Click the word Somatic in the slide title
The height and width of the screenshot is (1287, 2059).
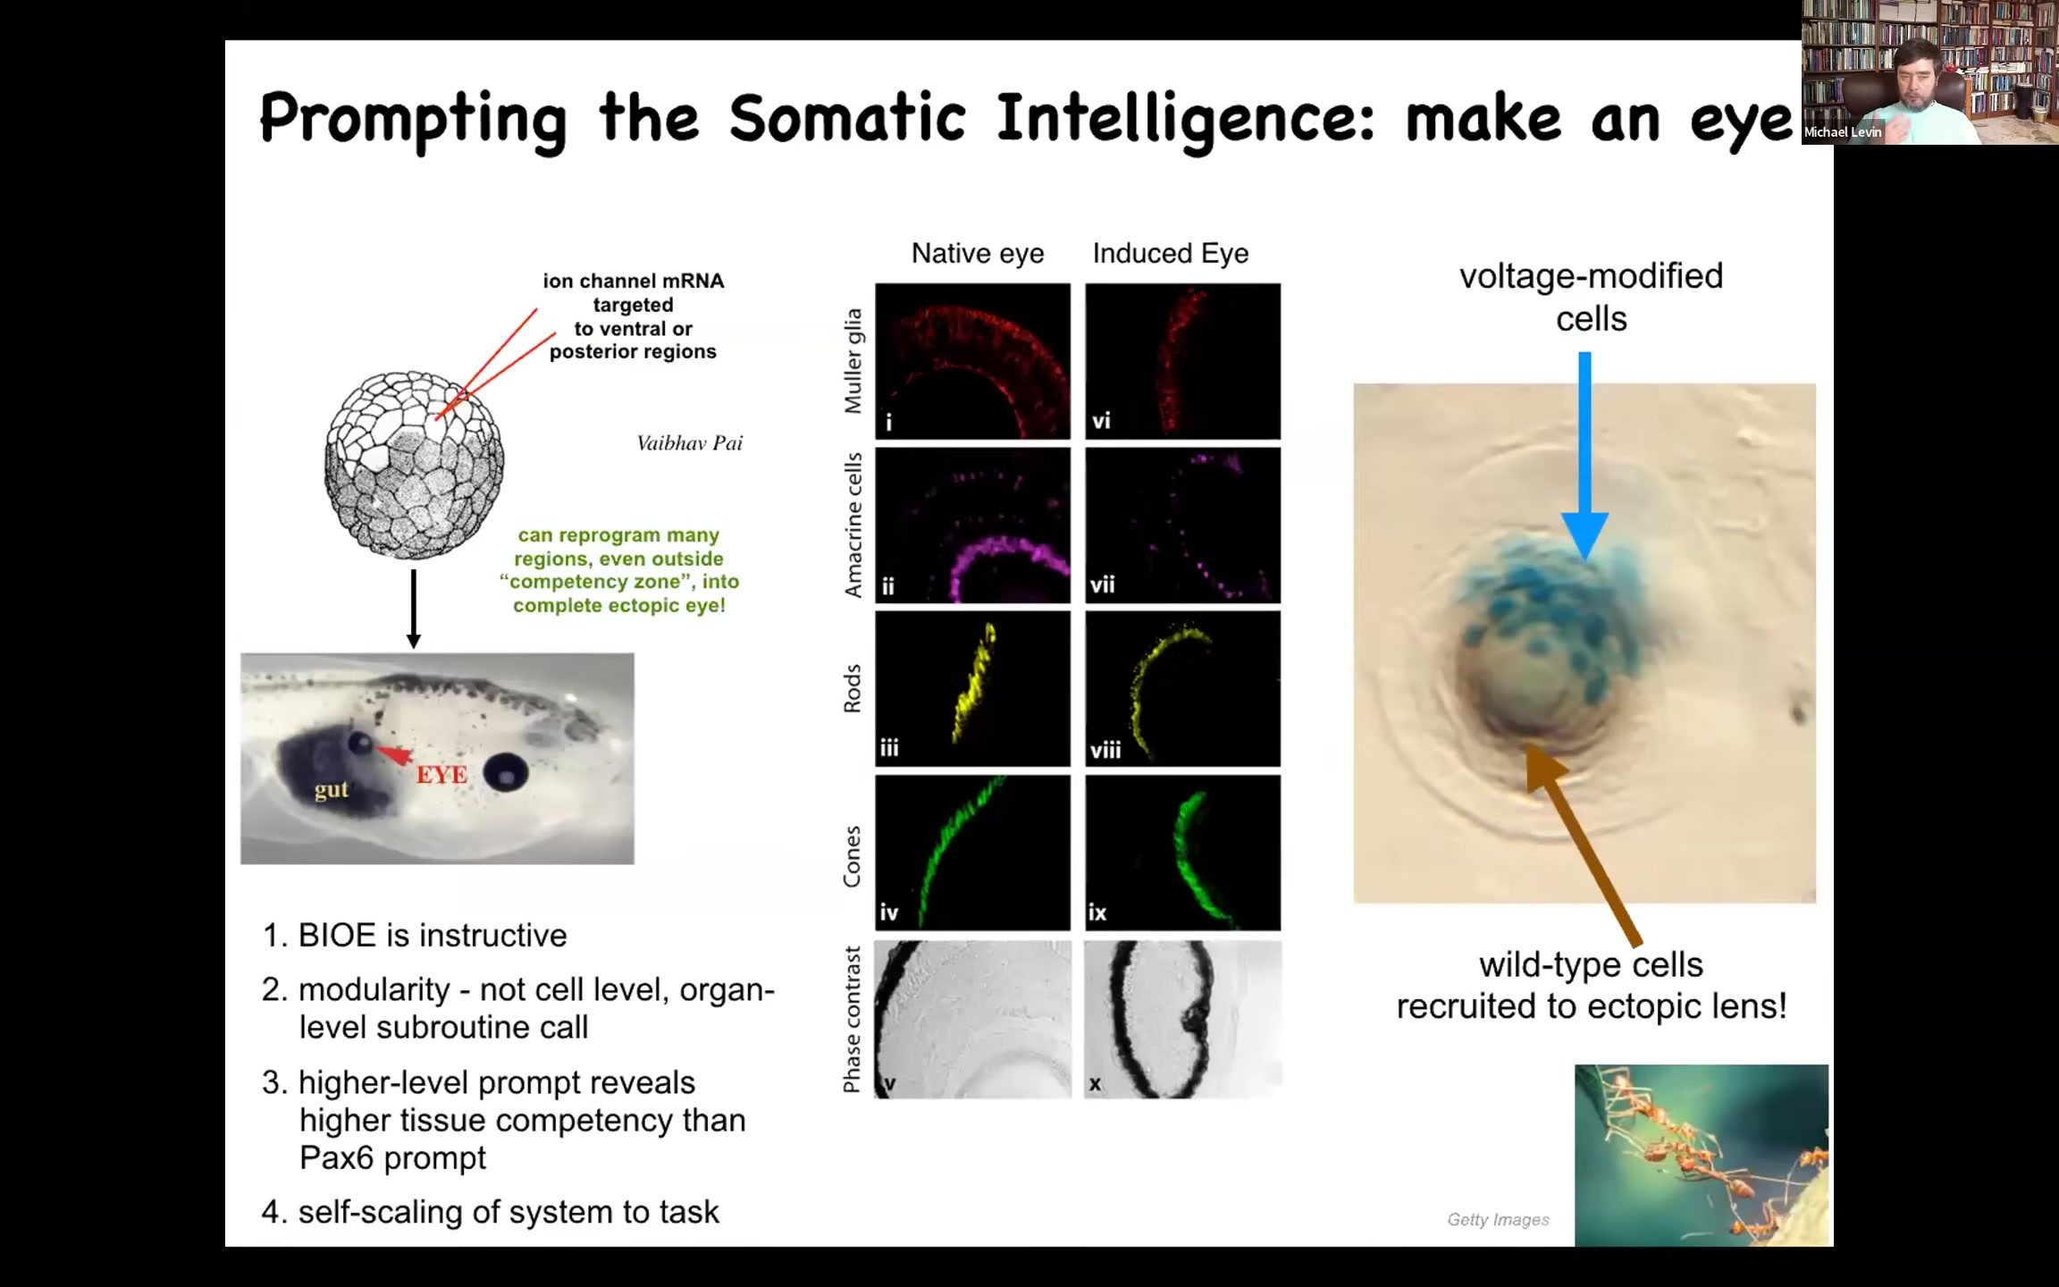847,119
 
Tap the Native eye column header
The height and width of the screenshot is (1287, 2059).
978,254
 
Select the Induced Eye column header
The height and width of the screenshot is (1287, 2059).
1171,254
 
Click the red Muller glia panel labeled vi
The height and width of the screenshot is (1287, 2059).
1182,361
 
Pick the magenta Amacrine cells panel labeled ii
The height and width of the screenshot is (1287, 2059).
972,526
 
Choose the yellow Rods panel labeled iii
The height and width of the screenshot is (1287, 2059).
972,689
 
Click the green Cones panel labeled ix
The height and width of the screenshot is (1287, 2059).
1182,853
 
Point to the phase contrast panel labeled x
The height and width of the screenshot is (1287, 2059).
1182,1019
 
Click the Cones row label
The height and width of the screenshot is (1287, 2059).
852,856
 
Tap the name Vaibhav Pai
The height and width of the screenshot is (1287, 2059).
689,443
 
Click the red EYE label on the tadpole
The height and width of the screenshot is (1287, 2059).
441,775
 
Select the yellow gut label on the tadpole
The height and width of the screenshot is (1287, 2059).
332,790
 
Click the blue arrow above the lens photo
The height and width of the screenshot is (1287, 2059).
1584,456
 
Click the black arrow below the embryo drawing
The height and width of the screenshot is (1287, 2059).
413,609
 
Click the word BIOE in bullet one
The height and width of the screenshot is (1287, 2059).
337,936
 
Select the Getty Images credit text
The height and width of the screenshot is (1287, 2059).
1499,1220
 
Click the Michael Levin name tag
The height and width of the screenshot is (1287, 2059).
1843,132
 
